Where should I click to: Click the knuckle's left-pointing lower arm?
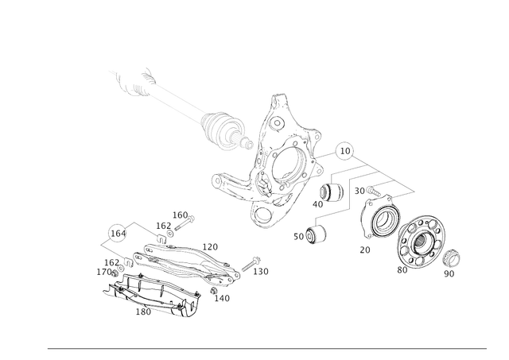pos(227,188)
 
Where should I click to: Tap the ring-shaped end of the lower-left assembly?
pos(116,233)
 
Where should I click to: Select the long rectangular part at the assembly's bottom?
pos(154,290)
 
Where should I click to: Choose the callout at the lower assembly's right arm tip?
pos(262,271)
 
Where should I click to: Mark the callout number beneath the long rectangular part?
pos(146,312)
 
